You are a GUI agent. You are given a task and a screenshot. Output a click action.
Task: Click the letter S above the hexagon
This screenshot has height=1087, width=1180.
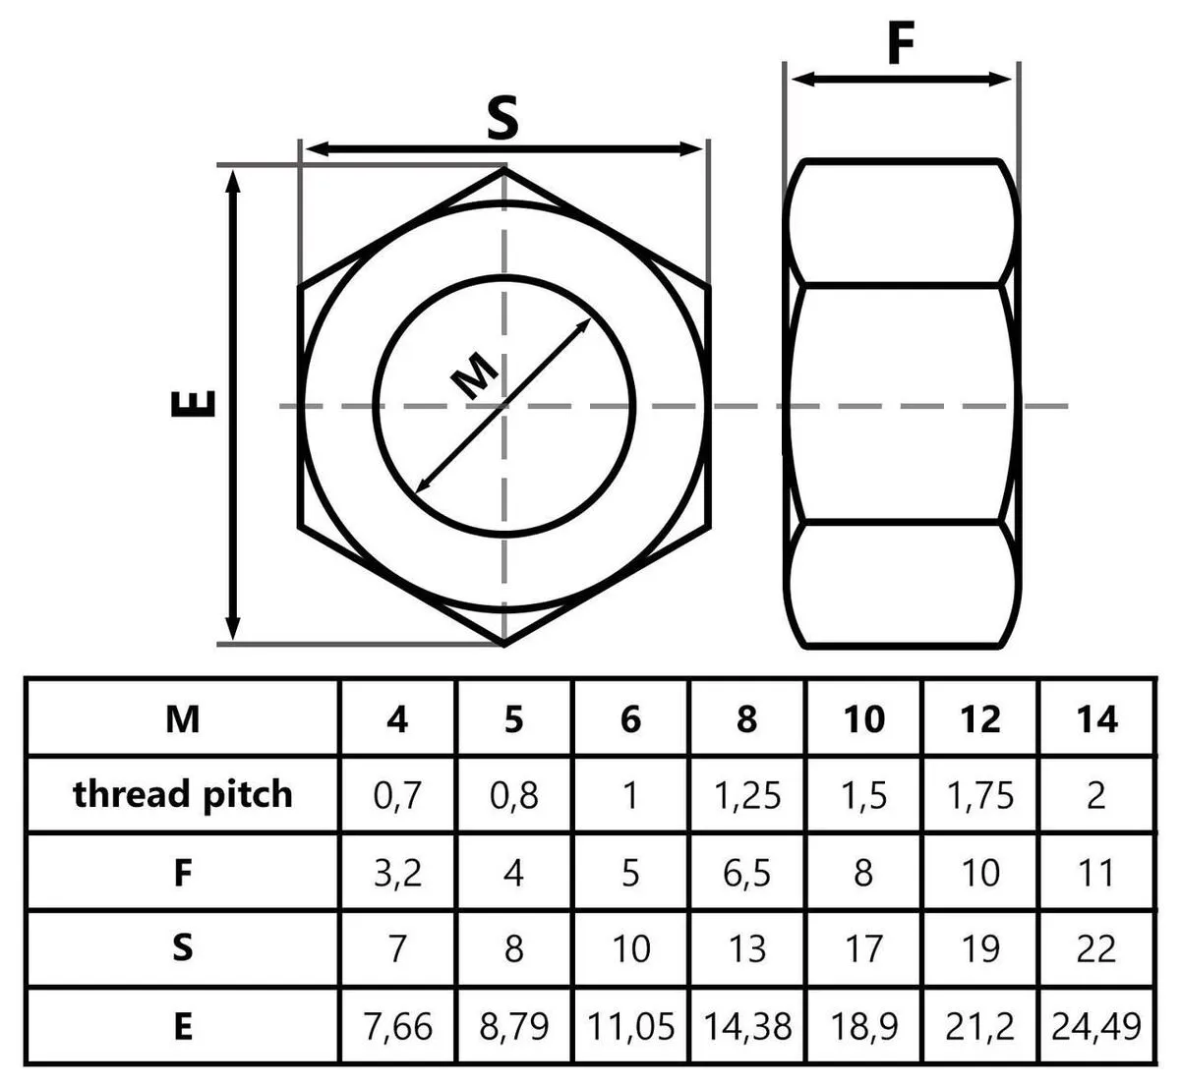(502, 118)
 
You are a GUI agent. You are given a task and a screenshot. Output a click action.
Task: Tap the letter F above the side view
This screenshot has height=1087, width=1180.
(901, 42)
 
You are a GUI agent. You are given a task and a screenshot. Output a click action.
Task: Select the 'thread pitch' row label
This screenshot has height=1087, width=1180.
(183, 794)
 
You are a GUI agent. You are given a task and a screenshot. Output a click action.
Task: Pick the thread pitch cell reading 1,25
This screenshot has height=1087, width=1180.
(747, 796)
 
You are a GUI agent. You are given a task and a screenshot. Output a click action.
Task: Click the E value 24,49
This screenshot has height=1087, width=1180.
(1095, 1026)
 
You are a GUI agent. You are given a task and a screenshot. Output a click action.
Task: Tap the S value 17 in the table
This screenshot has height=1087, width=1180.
(863, 948)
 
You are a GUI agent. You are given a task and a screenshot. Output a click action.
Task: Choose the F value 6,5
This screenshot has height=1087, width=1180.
(746, 873)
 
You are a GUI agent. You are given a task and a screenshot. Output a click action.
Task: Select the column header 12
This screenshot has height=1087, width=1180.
(980, 718)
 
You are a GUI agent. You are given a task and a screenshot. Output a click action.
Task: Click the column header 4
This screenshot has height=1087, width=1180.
(397, 718)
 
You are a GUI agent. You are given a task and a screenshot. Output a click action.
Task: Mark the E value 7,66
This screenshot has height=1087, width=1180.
(398, 1026)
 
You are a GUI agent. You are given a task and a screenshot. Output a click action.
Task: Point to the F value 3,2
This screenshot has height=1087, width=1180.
(398, 873)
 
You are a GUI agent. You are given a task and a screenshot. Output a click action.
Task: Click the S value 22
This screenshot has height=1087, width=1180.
(1095, 948)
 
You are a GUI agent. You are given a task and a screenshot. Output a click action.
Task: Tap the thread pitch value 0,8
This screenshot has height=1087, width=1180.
(514, 796)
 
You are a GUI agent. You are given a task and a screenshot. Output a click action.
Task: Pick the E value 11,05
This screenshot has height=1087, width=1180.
(630, 1026)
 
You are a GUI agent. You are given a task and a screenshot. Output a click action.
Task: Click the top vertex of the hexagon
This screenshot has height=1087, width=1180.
(504, 168)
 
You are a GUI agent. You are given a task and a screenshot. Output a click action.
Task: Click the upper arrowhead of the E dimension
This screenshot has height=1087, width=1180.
(233, 181)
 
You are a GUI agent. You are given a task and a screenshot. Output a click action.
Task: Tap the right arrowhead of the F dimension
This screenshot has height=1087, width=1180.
(1001, 79)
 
